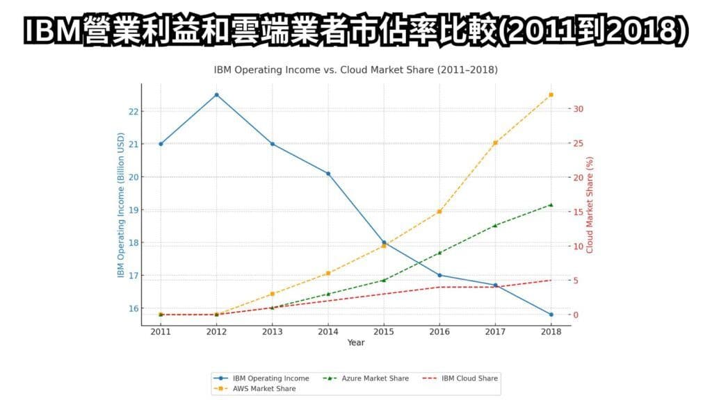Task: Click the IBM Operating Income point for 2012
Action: click(216, 94)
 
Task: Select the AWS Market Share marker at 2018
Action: click(551, 94)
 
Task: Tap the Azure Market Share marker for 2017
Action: click(495, 226)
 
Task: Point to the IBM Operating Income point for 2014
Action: click(328, 174)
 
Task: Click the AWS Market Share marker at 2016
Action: click(439, 212)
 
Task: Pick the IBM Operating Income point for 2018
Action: click(551, 315)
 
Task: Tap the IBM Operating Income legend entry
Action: click(264, 378)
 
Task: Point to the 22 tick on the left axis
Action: click(133, 111)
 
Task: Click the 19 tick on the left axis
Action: click(133, 210)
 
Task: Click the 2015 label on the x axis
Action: click(384, 333)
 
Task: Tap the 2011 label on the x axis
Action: click(161, 333)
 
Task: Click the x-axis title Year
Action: click(356, 342)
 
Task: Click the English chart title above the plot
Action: click(356, 70)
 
